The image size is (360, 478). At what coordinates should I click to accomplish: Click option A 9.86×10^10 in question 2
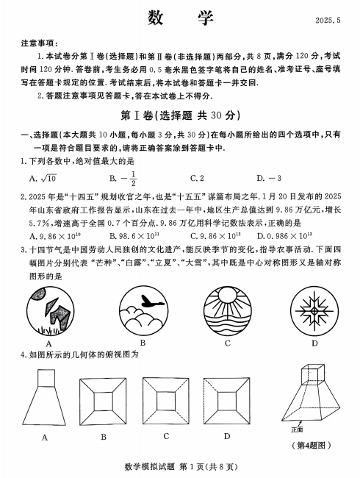pos(54,235)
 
